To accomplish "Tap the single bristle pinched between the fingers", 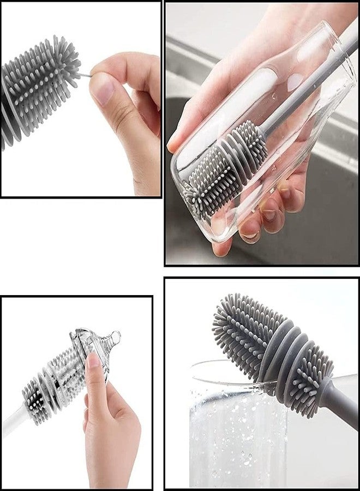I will click(x=85, y=75).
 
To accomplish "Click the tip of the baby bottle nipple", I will click(x=116, y=334).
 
